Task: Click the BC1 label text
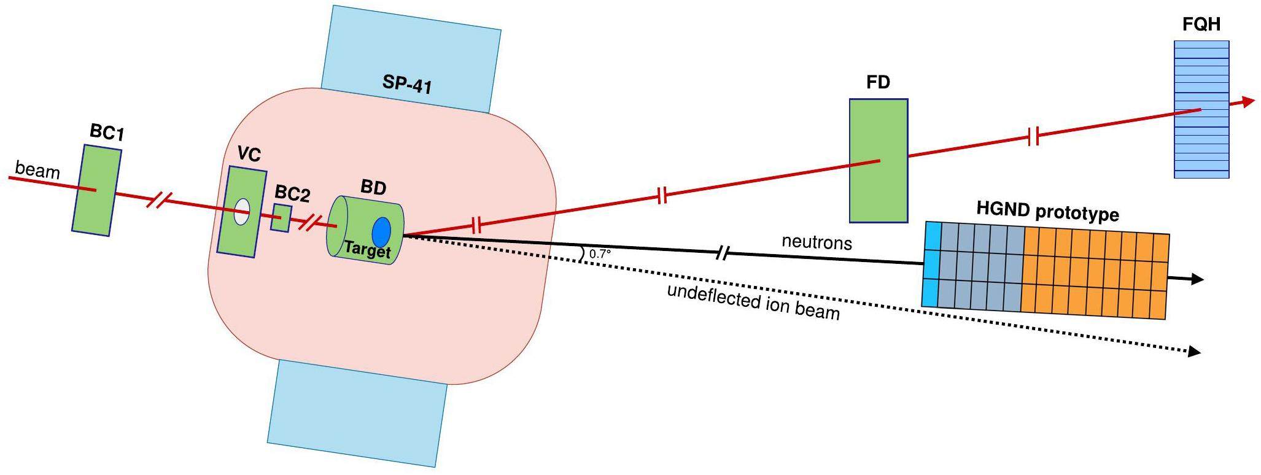[x=107, y=132]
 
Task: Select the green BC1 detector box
[x=96, y=190]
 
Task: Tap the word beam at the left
[x=37, y=169]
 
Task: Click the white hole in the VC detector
[x=242, y=212]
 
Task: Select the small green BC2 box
[x=281, y=218]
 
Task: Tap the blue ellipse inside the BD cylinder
[x=381, y=233]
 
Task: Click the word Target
[x=367, y=249]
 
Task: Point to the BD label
[x=373, y=187]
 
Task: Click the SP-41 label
[x=407, y=83]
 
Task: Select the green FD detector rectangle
[x=878, y=161]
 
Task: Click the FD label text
[x=878, y=82]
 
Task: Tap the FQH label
[x=1201, y=25]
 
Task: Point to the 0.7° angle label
[x=600, y=253]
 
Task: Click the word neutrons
[x=817, y=242]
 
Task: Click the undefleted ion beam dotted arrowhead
[x=1193, y=352]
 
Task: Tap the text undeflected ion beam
[x=753, y=302]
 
